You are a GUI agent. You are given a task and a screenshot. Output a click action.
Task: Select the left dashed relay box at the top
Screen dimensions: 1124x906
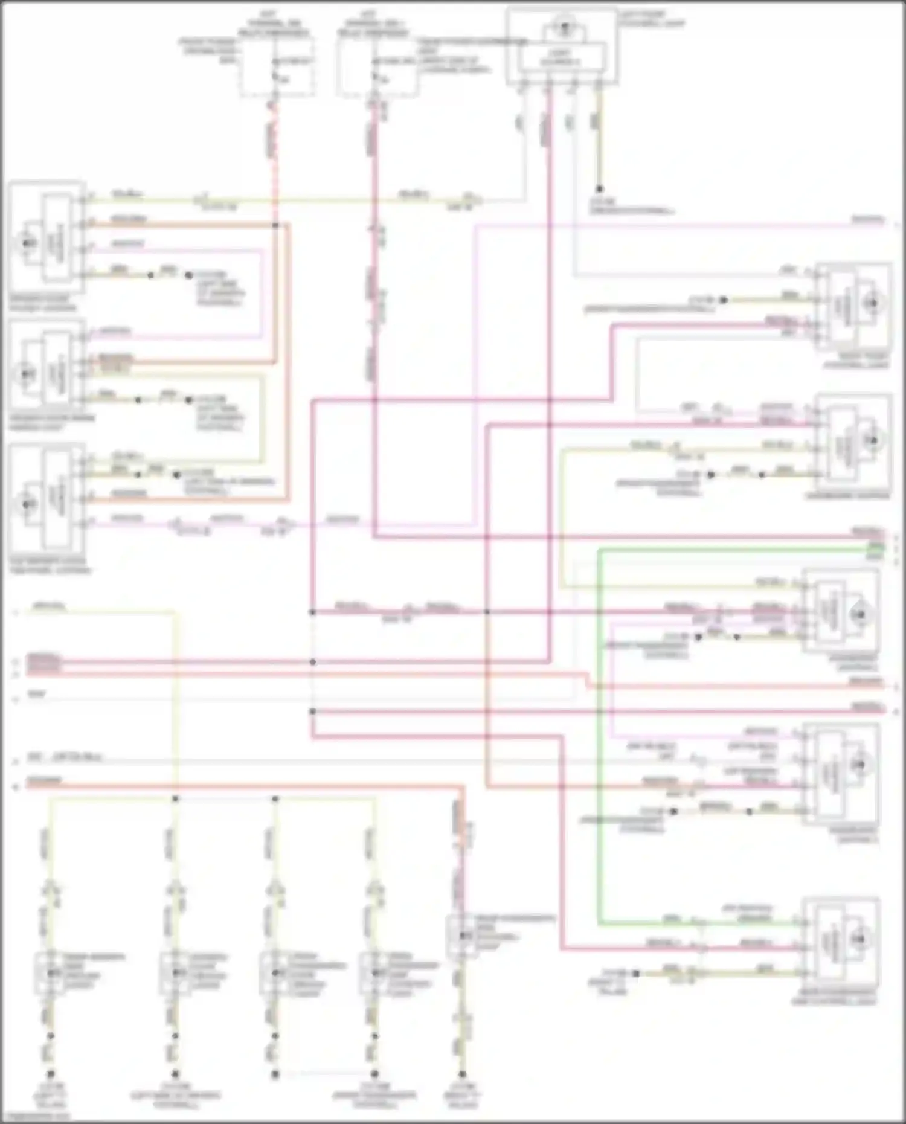tap(277, 66)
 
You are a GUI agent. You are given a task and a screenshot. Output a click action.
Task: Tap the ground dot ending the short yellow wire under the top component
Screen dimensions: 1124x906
tap(599, 189)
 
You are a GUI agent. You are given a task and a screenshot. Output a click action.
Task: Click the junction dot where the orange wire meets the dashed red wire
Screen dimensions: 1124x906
tap(275, 225)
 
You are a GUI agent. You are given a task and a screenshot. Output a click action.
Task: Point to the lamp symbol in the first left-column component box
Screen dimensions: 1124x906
tap(27, 243)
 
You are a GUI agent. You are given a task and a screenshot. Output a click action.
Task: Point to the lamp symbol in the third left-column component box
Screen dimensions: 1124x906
tap(27, 503)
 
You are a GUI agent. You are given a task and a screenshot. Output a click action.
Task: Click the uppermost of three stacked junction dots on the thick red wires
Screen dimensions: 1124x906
tap(312, 612)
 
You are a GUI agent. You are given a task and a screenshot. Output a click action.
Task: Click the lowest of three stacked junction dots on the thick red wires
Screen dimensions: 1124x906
tap(312, 711)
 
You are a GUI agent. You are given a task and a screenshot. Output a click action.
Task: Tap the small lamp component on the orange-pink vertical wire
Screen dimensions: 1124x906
tap(462, 936)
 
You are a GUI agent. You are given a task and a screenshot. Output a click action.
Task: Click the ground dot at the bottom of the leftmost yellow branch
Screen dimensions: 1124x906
tap(51, 1074)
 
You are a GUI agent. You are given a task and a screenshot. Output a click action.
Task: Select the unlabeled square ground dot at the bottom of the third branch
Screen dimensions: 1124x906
tap(275, 1074)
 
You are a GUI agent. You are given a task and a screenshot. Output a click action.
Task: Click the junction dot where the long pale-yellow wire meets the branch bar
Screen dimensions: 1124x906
tap(175, 798)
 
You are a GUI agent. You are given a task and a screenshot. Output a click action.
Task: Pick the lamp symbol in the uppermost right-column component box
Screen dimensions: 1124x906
tap(872, 303)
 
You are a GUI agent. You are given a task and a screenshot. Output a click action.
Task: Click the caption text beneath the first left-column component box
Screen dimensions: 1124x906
tap(43, 303)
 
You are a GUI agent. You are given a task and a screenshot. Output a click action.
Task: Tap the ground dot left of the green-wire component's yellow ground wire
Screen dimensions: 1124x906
tap(635, 973)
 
